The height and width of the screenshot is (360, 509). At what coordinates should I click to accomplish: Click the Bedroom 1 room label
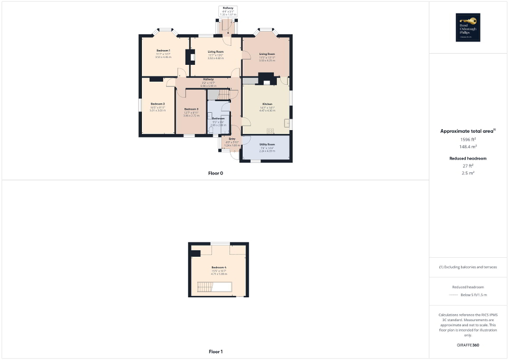point(163,50)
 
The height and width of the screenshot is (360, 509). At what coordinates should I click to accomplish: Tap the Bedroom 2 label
point(158,104)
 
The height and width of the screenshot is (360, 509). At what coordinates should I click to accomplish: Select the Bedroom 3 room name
point(191,109)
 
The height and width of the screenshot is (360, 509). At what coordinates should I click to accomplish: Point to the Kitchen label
point(265,104)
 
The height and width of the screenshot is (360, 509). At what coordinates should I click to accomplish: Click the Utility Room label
point(267,144)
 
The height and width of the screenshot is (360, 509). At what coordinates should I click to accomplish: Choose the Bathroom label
point(218,118)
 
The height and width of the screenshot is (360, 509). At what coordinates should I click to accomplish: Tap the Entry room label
point(232,139)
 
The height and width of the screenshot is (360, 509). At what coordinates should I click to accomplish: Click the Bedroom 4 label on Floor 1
point(219,268)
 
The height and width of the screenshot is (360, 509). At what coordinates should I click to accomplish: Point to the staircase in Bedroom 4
point(214,287)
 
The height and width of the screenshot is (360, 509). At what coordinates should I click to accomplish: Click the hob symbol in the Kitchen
point(270,131)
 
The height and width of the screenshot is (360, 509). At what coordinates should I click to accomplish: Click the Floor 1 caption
point(216,352)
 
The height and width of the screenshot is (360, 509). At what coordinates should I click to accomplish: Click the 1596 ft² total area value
point(468,139)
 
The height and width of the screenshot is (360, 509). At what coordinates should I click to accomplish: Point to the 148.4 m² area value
point(468,147)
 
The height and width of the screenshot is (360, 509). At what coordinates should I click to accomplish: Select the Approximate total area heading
point(467,131)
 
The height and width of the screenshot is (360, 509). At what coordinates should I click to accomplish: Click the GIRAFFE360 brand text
point(468,345)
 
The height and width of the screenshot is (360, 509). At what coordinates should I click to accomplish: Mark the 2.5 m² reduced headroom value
point(468,173)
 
